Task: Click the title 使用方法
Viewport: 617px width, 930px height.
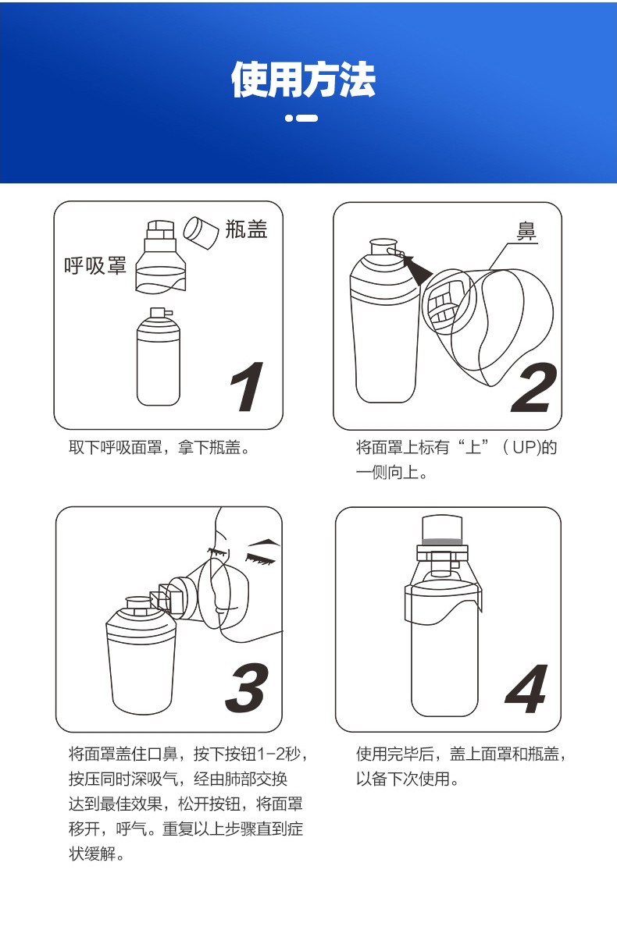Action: (x=303, y=80)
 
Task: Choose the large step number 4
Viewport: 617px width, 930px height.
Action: (x=526, y=690)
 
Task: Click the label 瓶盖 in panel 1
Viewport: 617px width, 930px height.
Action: (x=246, y=229)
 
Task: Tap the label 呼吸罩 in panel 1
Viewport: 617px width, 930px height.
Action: (x=95, y=266)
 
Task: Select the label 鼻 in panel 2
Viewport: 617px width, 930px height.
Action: (x=528, y=232)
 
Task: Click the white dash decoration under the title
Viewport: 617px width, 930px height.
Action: (x=301, y=119)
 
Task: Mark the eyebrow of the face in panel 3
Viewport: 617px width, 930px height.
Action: (x=262, y=541)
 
